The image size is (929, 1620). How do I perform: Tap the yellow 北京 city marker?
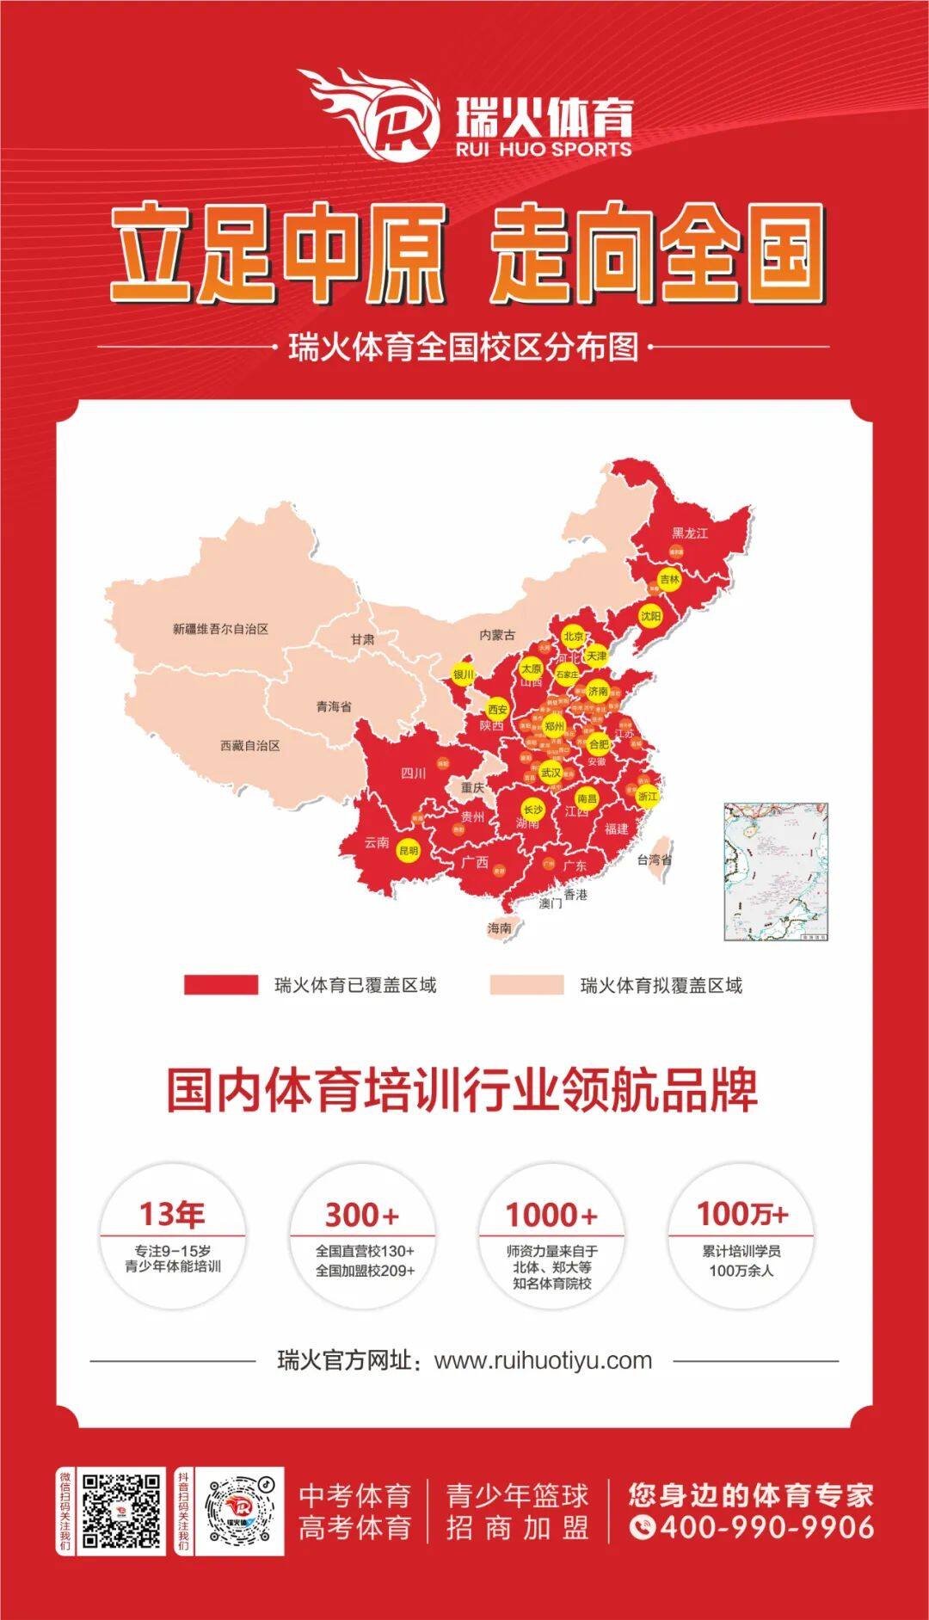click(x=574, y=637)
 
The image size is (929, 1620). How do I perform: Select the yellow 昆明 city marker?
click(x=408, y=851)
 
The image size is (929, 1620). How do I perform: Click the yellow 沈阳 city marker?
click(x=651, y=616)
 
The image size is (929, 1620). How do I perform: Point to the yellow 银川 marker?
click(x=464, y=674)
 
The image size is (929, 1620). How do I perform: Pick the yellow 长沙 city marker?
click(x=533, y=810)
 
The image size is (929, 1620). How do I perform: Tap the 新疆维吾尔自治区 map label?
click(x=220, y=629)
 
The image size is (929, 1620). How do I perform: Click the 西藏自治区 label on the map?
click(x=249, y=745)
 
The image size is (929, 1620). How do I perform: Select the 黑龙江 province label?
click(x=690, y=533)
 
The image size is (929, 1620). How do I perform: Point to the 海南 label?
click(x=499, y=927)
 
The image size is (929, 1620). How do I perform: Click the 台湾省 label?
click(x=655, y=859)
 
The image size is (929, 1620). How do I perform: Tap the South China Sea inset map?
click(x=775, y=872)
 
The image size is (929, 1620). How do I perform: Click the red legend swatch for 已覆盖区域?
click(x=220, y=985)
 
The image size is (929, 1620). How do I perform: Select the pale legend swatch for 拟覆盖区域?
click(x=526, y=985)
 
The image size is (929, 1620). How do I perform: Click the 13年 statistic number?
click(x=172, y=1214)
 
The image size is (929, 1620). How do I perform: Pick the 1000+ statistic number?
click(x=551, y=1215)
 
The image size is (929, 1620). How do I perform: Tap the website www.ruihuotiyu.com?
click(x=543, y=1360)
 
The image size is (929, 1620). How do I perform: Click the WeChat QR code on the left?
click(x=121, y=1512)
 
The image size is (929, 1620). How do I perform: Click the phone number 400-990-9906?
click(x=753, y=1527)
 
